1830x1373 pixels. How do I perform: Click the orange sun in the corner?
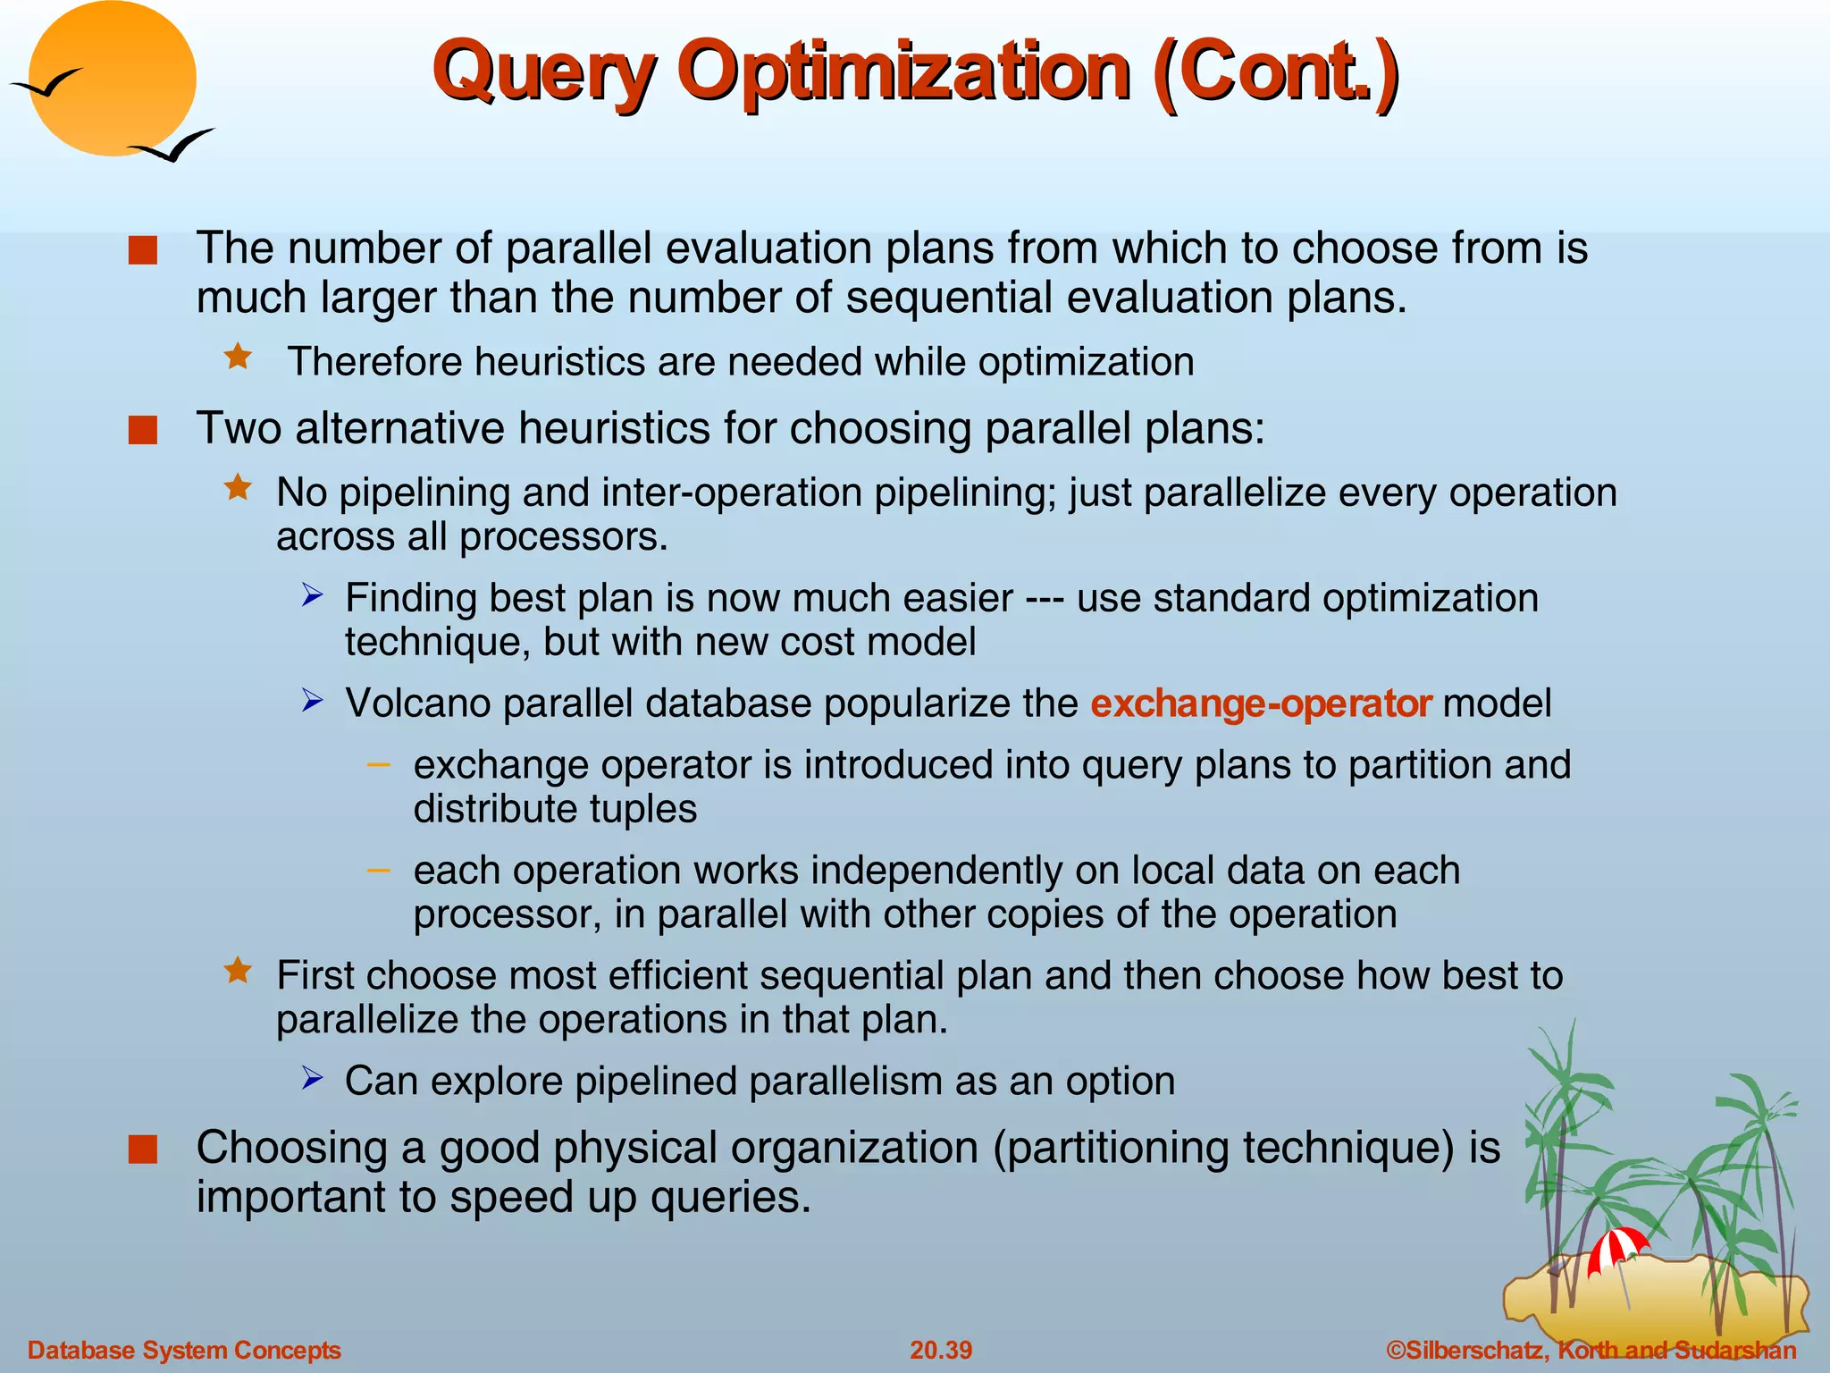[x=113, y=79]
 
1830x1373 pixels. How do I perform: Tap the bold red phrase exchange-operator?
[x=1261, y=703]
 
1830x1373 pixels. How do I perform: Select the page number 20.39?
[x=941, y=1350]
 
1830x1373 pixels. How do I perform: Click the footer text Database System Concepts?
[x=185, y=1350]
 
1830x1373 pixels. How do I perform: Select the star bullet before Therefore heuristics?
[x=239, y=358]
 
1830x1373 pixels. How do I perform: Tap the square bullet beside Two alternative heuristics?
[x=143, y=430]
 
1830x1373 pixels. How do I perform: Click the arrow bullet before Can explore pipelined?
[x=312, y=1078]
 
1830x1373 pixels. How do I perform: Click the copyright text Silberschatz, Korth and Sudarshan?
[x=1591, y=1350]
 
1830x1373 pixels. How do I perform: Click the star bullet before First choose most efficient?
[x=239, y=971]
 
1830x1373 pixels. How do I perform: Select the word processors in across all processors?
[x=563, y=537]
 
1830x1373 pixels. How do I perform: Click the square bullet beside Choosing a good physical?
[x=143, y=1150]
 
